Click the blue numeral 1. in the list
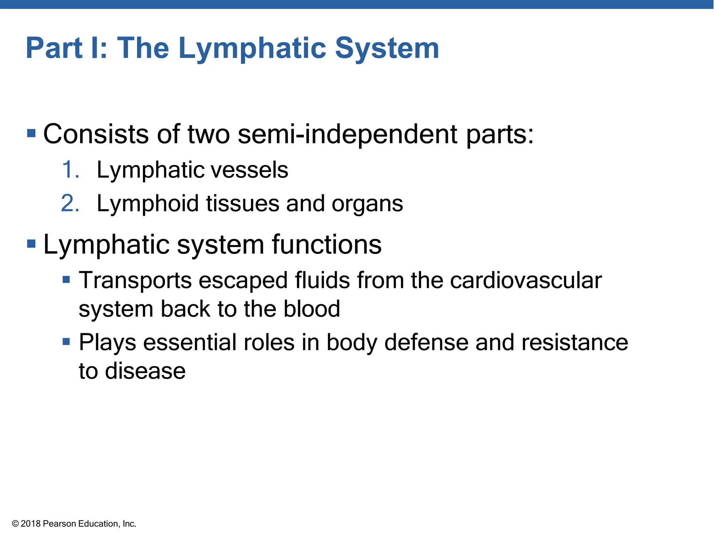70,170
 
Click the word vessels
250,170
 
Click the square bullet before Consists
31,133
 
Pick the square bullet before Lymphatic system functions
31,244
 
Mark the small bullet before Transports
66,280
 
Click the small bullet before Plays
66,341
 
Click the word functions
327,244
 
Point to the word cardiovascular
526,280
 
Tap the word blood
312,309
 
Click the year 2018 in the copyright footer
31,524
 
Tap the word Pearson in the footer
59,524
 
